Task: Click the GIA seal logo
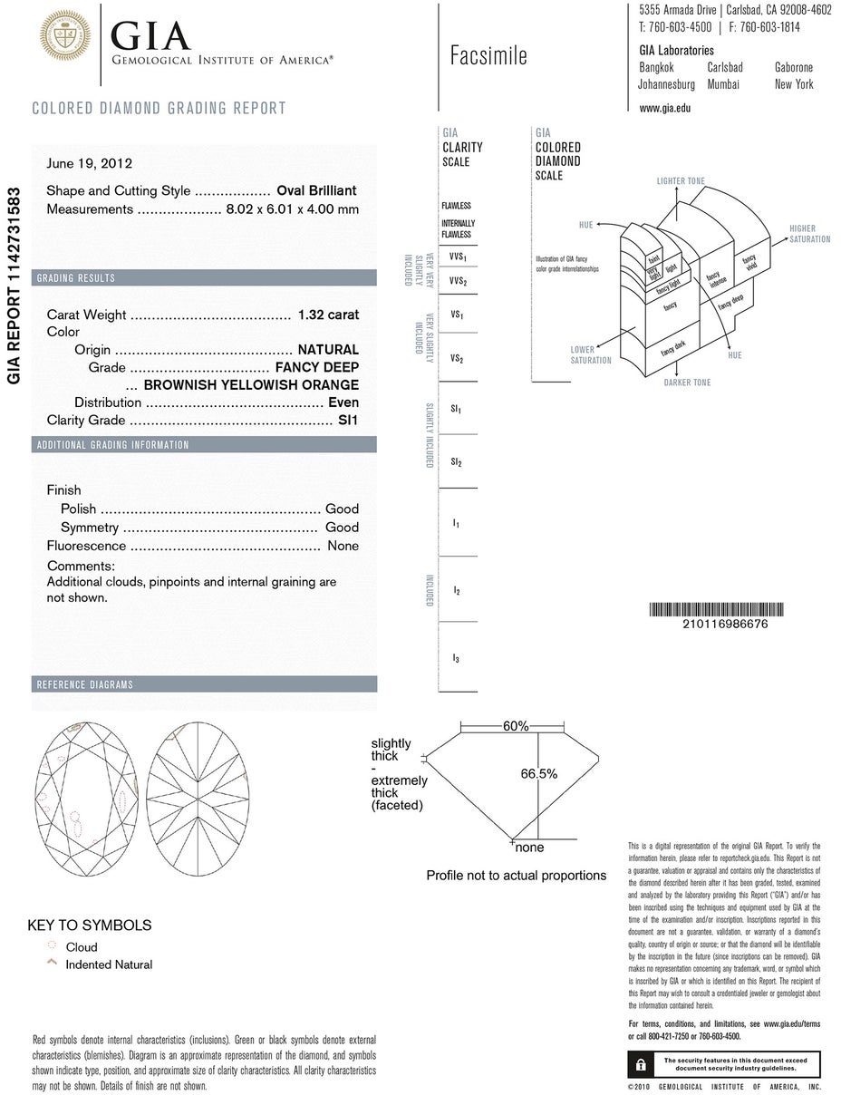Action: point(64,36)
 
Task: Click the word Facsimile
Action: point(488,56)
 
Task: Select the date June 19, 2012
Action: point(90,164)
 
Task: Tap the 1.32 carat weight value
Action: point(328,315)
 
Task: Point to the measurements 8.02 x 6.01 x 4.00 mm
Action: point(292,209)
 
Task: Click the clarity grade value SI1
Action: point(348,421)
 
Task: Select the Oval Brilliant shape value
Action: point(316,190)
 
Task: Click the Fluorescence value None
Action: point(343,546)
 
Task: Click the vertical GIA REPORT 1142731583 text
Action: point(14,286)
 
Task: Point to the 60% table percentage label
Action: point(516,726)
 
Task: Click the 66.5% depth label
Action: point(538,774)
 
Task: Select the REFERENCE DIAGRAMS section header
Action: point(84,684)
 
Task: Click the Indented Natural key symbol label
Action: point(109,964)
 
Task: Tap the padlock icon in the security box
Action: point(641,1063)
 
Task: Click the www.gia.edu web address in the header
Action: point(664,108)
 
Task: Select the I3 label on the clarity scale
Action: point(457,659)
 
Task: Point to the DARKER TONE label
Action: point(687,383)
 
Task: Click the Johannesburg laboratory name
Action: point(666,84)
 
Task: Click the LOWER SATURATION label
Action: point(591,354)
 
